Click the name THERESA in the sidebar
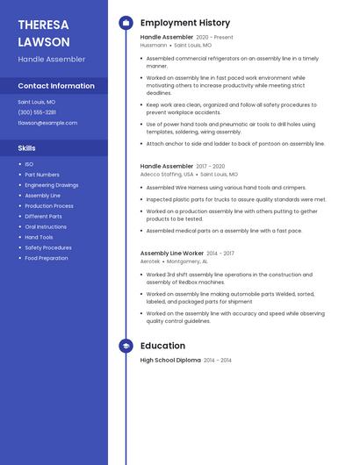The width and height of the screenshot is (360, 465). point(43,24)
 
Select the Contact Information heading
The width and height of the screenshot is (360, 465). point(56,86)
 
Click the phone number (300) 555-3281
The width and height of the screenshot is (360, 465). point(37,112)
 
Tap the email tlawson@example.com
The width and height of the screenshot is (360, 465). point(47,123)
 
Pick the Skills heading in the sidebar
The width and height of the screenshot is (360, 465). point(27,148)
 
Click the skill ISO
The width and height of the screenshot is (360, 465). point(29,164)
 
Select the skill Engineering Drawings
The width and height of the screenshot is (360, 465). point(51,185)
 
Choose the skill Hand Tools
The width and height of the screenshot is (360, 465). point(39,237)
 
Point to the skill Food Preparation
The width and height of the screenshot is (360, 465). point(46,258)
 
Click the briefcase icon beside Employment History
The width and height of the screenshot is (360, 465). point(126,23)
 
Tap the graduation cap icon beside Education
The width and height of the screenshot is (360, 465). point(126,346)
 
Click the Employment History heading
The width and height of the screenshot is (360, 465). point(185,23)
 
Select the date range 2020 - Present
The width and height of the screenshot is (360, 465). point(214,38)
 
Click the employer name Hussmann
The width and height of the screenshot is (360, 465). point(154,45)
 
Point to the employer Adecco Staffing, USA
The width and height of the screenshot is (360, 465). point(167,174)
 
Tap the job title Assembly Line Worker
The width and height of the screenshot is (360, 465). point(171,254)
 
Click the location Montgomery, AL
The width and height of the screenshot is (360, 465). point(187,261)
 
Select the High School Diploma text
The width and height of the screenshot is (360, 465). point(170,360)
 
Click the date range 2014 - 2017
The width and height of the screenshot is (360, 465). point(220,254)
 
